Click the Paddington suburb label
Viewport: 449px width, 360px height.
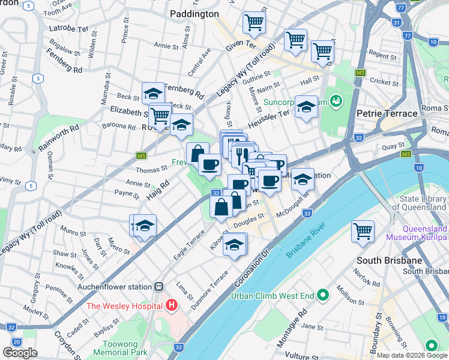[193, 14]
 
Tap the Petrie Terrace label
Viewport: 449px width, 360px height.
[387, 113]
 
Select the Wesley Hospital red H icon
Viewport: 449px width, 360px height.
[172, 305]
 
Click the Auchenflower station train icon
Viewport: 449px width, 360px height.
[159, 287]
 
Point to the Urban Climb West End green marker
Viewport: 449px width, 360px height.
[323, 295]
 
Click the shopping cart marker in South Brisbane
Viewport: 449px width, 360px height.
[363, 231]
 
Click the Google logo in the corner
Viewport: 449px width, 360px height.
[20, 353]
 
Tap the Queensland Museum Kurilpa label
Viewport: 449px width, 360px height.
[417, 233]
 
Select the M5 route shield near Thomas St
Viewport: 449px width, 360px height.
[141, 156]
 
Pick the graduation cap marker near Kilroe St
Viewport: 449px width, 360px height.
[235, 244]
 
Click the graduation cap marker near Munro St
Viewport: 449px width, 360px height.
[145, 226]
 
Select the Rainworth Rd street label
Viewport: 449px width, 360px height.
[59, 137]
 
